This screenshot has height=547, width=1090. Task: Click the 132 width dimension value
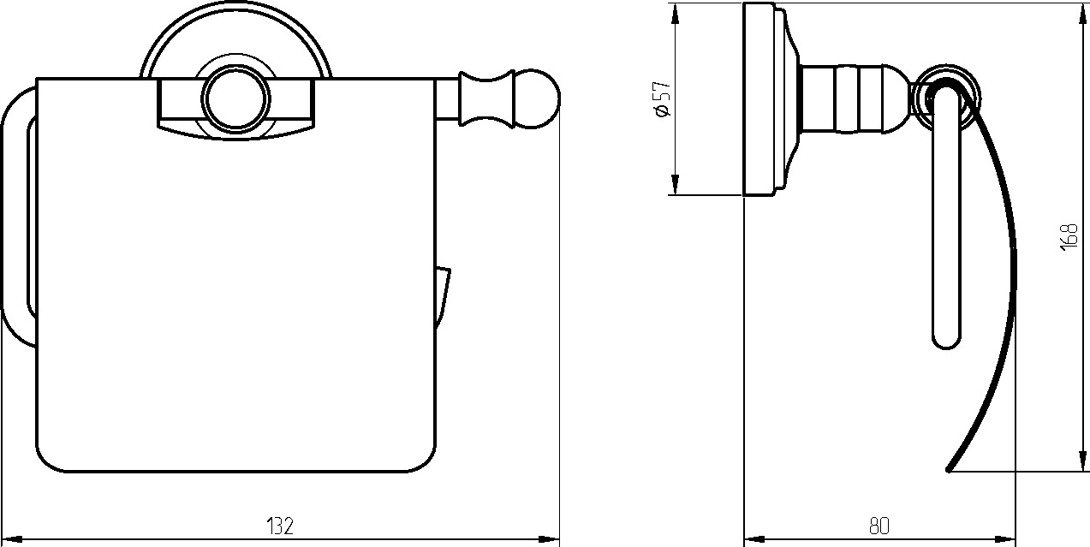click(280, 526)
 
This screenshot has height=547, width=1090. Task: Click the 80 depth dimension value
click(879, 526)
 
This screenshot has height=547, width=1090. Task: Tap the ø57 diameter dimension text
click(663, 98)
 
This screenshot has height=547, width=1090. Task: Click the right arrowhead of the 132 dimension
click(548, 539)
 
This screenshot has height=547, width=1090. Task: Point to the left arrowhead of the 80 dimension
click(754, 539)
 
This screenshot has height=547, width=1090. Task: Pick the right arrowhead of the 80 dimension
click(1005, 539)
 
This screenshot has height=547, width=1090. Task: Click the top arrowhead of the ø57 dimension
click(675, 14)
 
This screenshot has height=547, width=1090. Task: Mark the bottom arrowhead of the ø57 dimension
click(675, 184)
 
